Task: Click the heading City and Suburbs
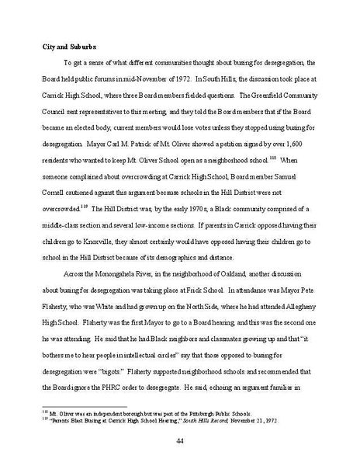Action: pos(67,47)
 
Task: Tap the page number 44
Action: pos(179,443)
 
